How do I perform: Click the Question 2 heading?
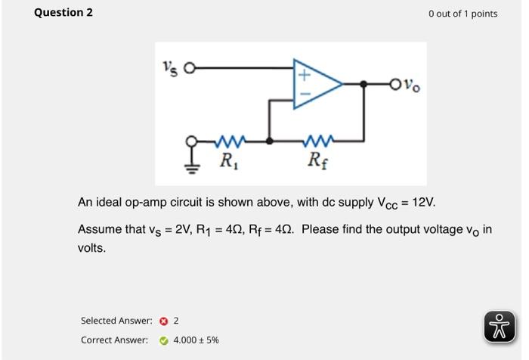click(x=63, y=13)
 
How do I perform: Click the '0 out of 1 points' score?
click(x=462, y=14)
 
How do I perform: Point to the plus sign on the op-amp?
click(x=304, y=76)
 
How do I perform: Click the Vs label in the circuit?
click(x=171, y=68)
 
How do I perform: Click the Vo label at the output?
click(x=413, y=85)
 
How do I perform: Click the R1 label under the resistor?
click(x=227, y=160)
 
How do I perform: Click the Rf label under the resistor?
click(x=317, y=160)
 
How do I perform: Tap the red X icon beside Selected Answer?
click(x=162, y=321)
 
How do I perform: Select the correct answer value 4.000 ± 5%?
click(x=196, y=340)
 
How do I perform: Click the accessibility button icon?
click(x=499, y=325)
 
